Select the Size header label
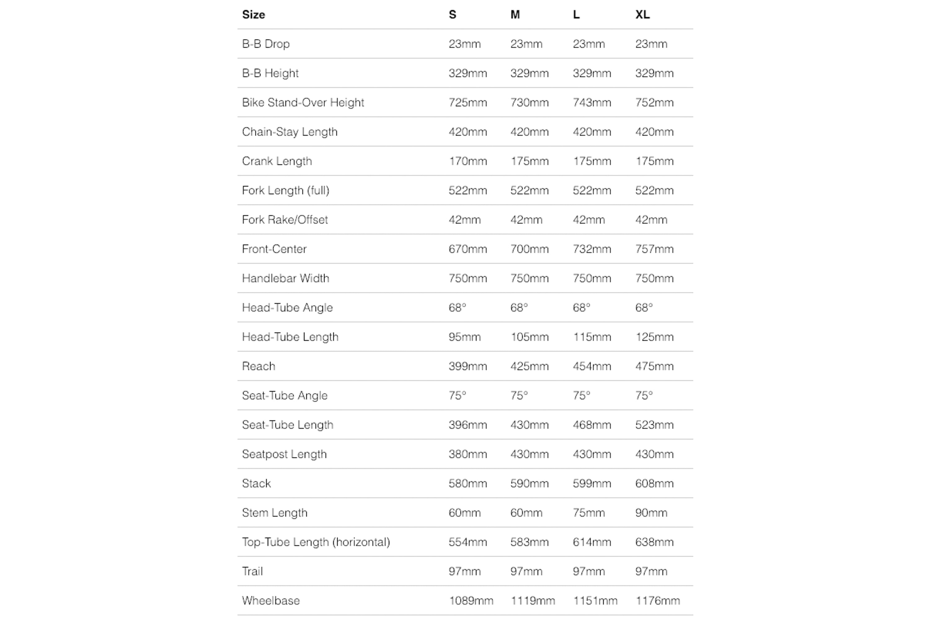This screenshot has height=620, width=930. (x=254, y=15)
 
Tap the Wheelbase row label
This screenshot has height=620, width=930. (x=271, y=601)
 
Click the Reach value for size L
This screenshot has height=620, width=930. (x=592, y=366)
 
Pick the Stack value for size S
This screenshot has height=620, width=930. (x=468, y=483)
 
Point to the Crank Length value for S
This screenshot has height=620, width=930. (x=468, y=161)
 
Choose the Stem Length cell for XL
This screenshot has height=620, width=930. (x=651, y=512)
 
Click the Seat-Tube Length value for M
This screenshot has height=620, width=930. (x=529, y=425)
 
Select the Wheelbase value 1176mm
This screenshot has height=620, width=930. (x=658, y=601)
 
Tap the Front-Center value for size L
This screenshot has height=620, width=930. (x=592, y=249)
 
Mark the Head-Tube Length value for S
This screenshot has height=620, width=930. (x=465, y=337)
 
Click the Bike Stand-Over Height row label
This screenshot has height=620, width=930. (x=303, y=102)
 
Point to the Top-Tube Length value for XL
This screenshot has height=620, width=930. (x=654, y=542)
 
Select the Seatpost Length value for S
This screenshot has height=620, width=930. (x=468, y=454)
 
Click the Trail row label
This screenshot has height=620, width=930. (x=252, y=571)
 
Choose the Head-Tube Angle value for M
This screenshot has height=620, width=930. (x=519, y=308)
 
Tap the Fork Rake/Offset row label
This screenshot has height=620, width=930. (x=285, y=219)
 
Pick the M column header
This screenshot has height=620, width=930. (x=515, y=15)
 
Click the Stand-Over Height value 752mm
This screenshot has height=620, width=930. (x=654, y=102)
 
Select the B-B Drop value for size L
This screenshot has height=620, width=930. (x=589, y=44)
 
